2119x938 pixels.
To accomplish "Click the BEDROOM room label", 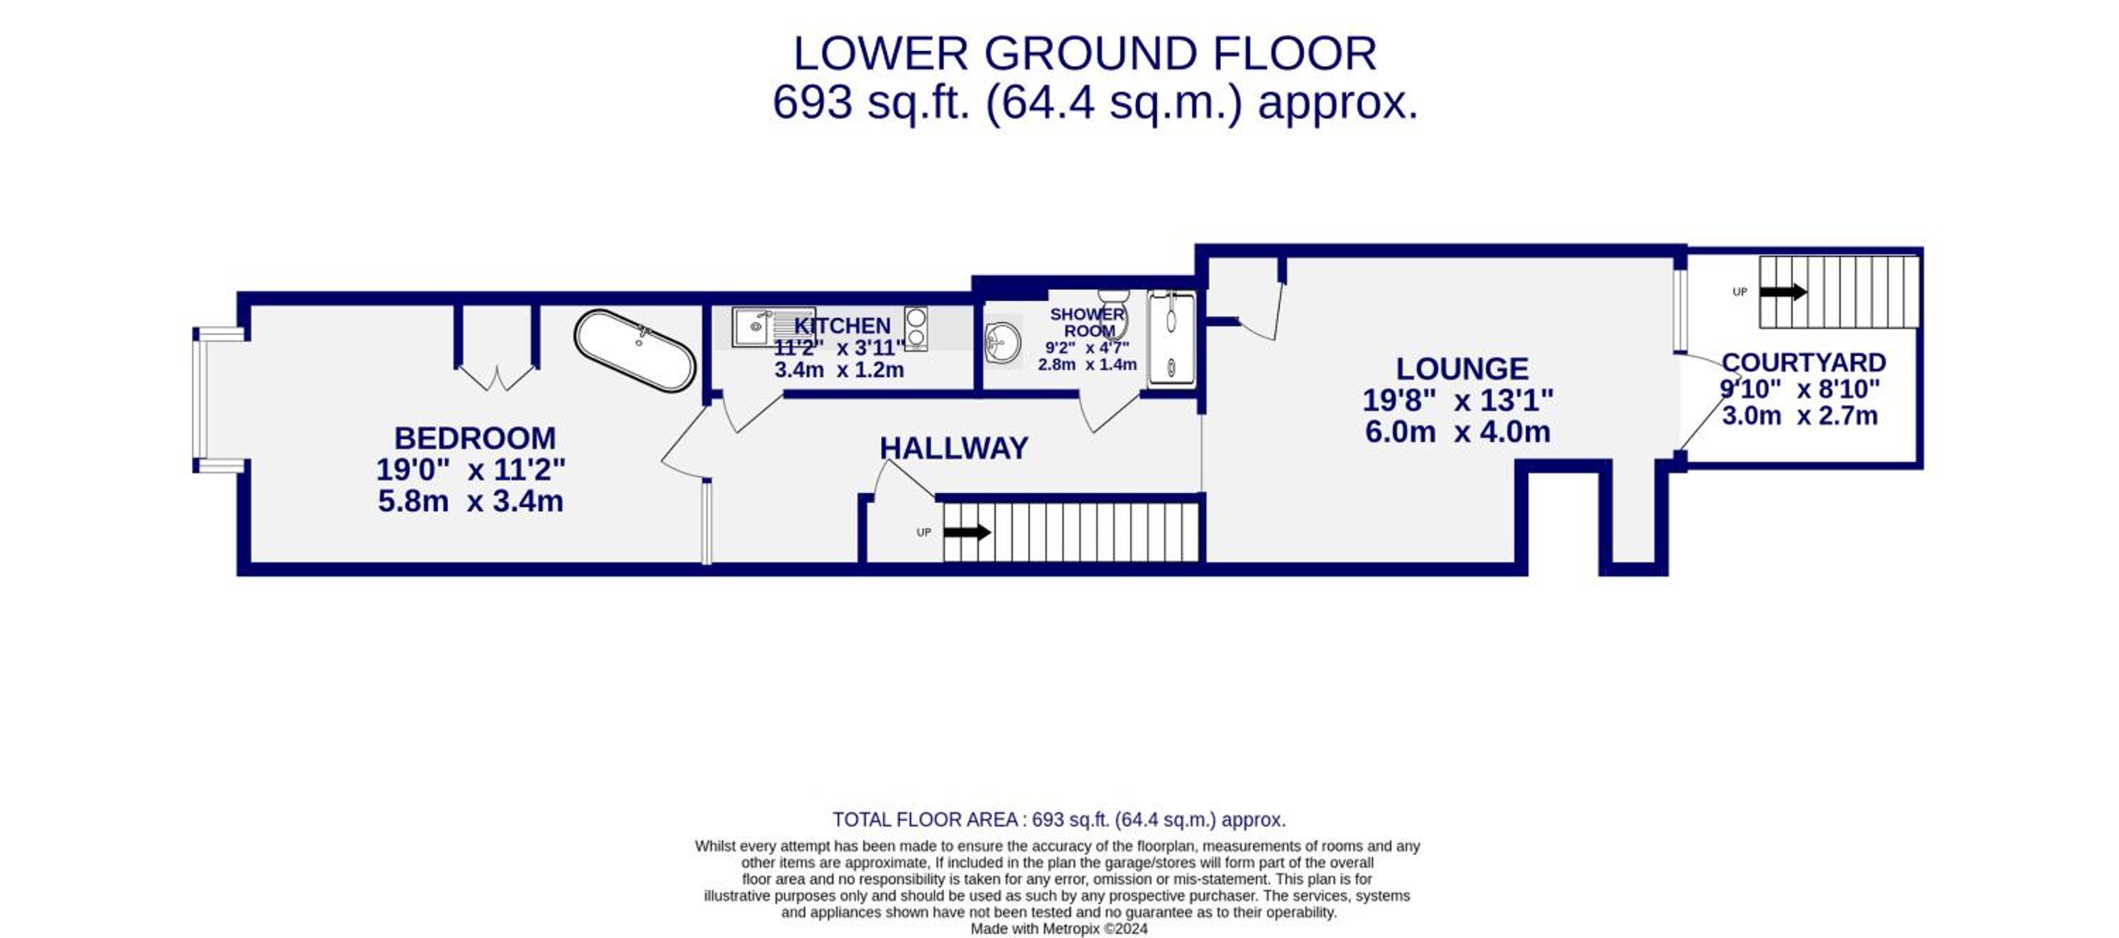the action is pyautogui.click(x=475, y=438).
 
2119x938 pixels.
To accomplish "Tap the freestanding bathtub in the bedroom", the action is pyautogui.click(x=635, y=350).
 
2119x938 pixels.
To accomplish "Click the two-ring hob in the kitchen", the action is pyautogui.click(x=915, y=328).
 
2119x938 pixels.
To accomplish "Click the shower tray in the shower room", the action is pyautogui.click(x=1171, y=338).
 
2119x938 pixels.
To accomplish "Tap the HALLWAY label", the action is pyautogui.click(x=954, y=449).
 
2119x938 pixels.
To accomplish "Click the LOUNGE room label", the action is pyautogui.click(x=1461, y=369).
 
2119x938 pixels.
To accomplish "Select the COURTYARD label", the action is pyautogui.click(x=1803, y=363).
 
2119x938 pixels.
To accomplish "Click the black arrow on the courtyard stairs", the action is pyautogui.click(x=1783, y=291).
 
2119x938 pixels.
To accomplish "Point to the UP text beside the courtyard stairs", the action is pyautogui.click(x=1740, y=292).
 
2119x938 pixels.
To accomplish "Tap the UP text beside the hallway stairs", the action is pyautogui.click(x=924, y=533).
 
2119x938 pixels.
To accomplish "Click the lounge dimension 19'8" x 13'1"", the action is pyautogui.click(x=1458, y=400).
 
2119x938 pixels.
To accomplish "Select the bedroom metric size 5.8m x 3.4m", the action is pyautogui.click(x=470, y=501).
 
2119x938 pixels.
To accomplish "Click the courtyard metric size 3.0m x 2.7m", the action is pyautogui.click(x=1800, y=415).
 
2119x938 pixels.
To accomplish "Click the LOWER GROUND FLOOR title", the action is pyautogui.click(x=1084, y=54).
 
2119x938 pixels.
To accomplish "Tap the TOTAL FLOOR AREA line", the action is pyautogui.click(x=1059, y=819).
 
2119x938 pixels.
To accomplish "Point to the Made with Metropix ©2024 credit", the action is pyautogui.click(x=1059, y=929).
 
